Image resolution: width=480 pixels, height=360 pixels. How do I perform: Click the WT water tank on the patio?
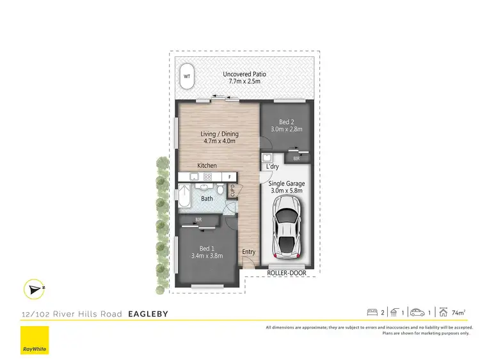click(188, 77)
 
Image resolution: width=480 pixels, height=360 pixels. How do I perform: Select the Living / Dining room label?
click(220, 137)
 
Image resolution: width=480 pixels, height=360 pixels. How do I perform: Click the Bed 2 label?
click(286, 125)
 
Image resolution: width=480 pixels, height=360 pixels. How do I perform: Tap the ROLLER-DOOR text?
click(286, 274)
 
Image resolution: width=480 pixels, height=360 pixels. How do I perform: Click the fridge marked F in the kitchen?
click(229, 176)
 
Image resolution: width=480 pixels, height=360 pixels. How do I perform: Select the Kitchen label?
click(207, 166)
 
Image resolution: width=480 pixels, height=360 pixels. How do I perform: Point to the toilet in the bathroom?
click(220, 191)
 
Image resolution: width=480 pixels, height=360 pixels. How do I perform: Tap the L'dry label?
click(272, 167)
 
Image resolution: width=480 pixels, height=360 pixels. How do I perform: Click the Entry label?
click(248, 252)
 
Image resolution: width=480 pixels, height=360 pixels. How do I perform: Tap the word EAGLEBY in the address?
click(148, 314)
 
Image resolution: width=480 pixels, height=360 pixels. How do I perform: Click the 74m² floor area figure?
click(458, 313)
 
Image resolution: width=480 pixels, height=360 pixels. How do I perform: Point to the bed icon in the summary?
click(372, 313)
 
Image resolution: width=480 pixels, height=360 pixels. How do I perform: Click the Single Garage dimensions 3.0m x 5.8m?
click(286, 191)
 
